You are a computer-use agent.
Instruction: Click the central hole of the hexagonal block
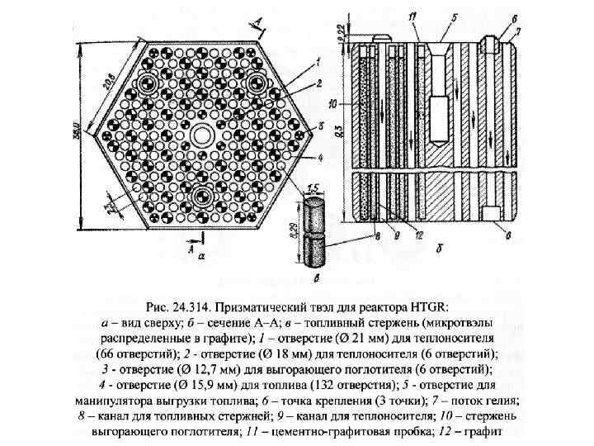[200, 135]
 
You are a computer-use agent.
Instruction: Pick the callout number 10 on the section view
[332, 106]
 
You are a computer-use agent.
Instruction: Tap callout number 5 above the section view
[454, 17]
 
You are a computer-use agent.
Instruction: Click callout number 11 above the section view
[412, 17]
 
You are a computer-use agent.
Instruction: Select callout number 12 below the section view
[418, 235]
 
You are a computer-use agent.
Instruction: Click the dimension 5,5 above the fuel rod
[313, 187]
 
